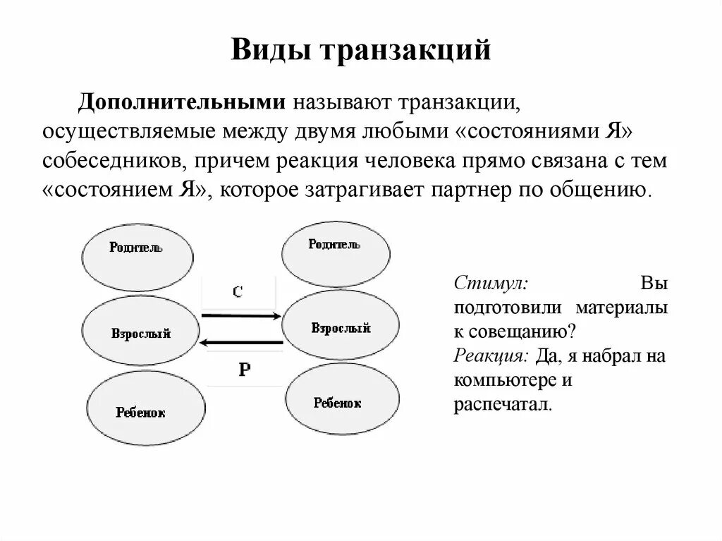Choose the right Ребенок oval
pyautogui.click(x=338, y=402)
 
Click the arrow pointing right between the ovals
pyautogui.click(x=240, y=315)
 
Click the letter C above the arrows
pyautogui.click(x=238, y=291)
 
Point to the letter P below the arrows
pyautogui.click(x=244, y=368)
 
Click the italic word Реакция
pyautogui.click(x=491, y=355)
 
